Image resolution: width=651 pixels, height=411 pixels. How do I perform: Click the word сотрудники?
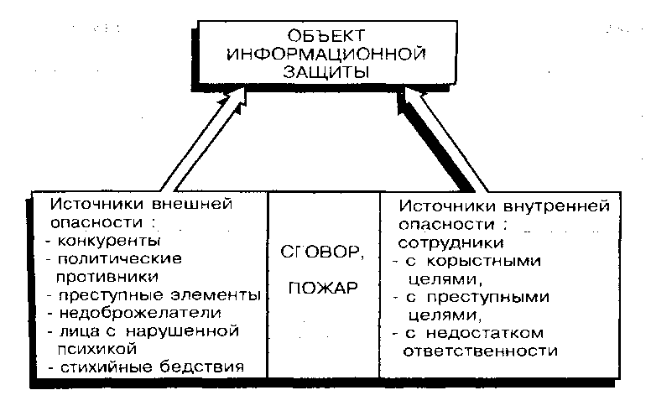click(x=450, y=243)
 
